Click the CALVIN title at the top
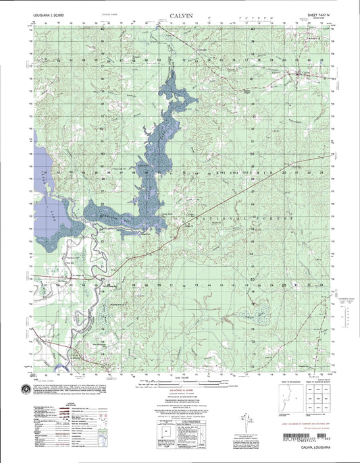pos(179,11)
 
